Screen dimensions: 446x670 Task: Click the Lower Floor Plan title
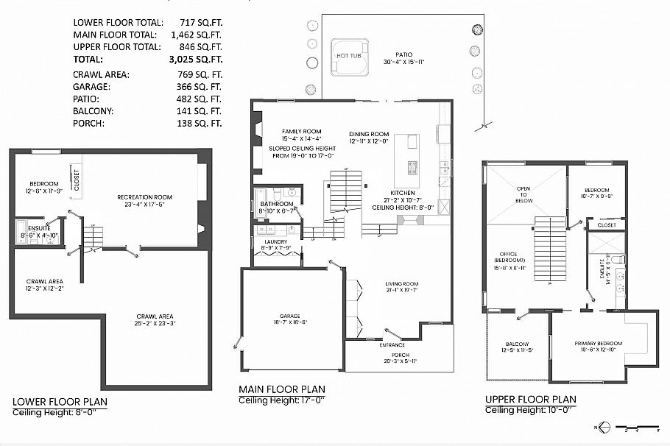[60, 402]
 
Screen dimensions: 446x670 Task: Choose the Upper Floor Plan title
[530, 400]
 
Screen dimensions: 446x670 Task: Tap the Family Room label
[283, 130]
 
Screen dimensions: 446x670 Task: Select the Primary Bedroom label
[598, 344]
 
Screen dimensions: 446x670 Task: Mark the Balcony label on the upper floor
[516, 344]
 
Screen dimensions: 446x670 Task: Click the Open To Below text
[523, 194]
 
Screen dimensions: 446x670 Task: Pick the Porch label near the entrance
[400, 355]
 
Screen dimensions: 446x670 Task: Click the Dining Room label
[368, 134]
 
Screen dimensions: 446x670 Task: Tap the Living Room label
[401, 284]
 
